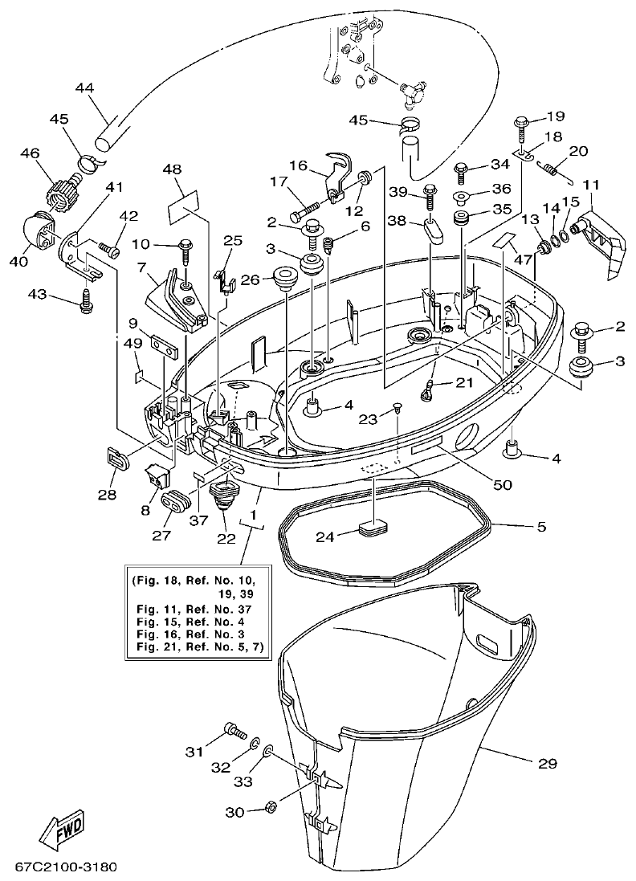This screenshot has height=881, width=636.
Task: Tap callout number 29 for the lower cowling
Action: coord(547,763)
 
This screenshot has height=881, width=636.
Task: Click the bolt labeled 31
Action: coord(232,730)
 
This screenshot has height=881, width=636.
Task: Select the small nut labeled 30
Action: coord(271,806)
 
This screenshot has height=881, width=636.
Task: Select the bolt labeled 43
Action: coord(85,300)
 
